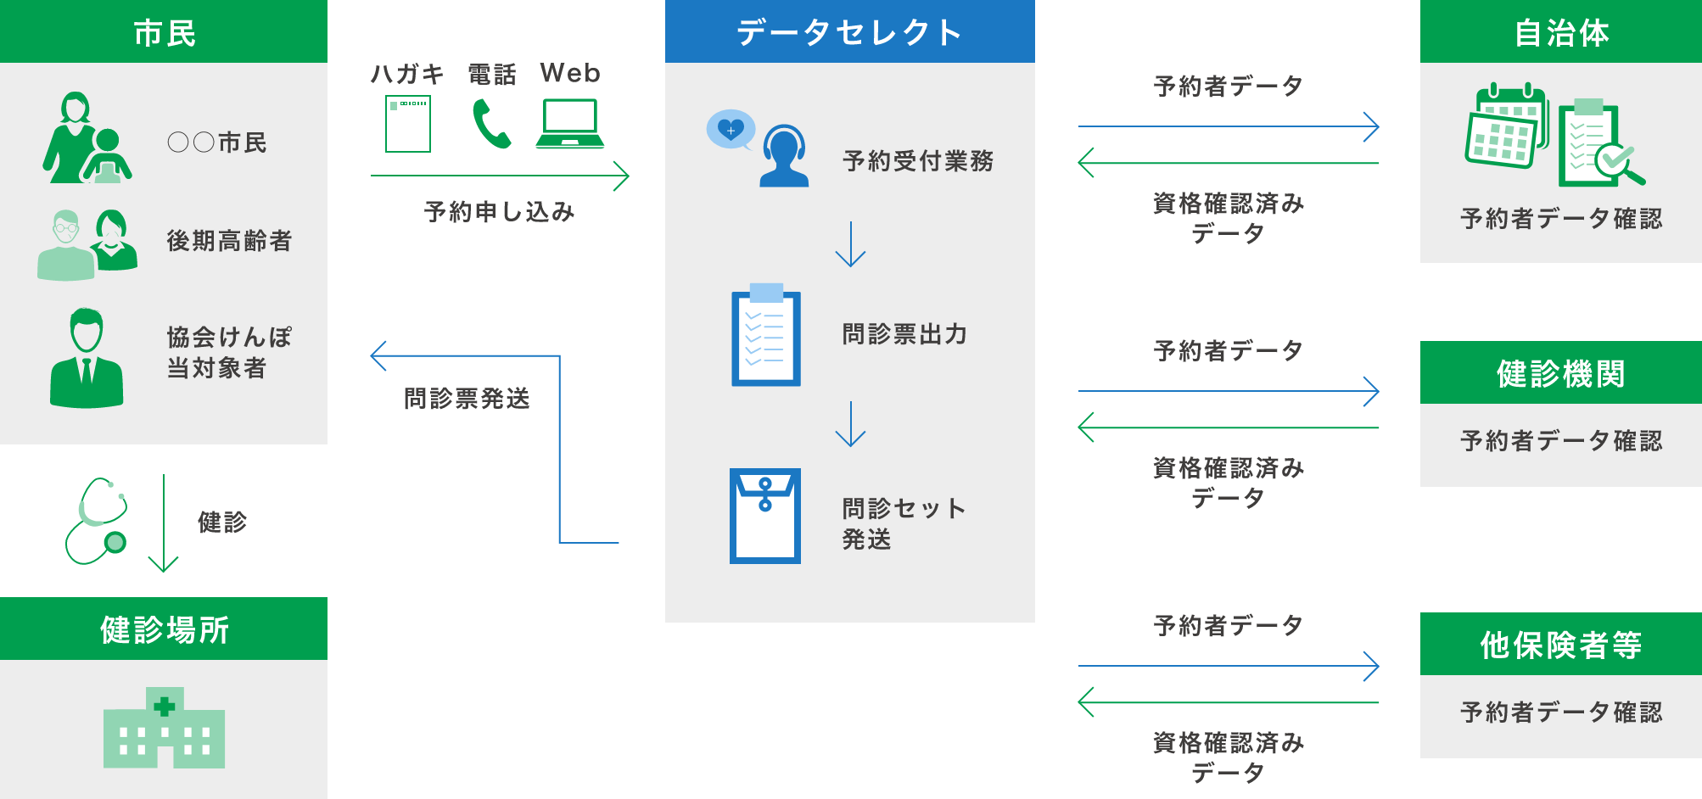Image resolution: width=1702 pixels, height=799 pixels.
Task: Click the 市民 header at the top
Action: click(164, 32)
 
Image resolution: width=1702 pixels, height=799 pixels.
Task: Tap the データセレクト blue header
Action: click(849, 32)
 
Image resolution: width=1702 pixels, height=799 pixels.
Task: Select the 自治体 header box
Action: click(1560, 32)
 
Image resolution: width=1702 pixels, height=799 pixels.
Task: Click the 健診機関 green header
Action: click(1560, 373)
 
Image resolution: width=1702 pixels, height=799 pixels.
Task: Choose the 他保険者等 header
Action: click(1560, 645)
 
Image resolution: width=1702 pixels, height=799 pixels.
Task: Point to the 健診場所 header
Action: click(164, 629)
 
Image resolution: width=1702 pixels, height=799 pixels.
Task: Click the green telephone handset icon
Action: click(491, 124)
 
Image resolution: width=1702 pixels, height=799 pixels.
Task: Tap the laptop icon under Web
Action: click(570, 124)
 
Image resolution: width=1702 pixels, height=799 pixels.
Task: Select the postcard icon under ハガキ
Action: click(408, 124)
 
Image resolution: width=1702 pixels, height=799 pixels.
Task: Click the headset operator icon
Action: click(782, 155)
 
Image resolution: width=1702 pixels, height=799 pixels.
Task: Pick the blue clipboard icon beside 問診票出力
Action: click(766, 336)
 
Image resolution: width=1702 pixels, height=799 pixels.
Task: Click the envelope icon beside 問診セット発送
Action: click(765, 516)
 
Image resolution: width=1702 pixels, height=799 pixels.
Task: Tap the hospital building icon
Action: click(164, 729)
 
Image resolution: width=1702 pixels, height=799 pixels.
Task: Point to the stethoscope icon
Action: click(97, 521)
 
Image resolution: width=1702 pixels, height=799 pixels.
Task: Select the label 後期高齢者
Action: click(229, 241)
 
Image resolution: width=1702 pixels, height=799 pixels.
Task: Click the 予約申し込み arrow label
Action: click(499, 211)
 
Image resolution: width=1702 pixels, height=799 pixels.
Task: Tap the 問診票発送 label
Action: click(467, 398)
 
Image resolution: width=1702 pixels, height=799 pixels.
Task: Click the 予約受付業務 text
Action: click(918, 160)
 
